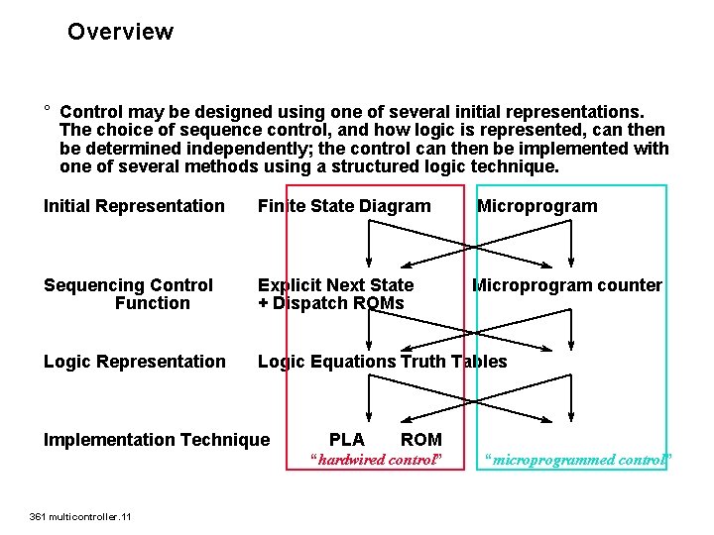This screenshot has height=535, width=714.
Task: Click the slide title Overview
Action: (x=120, y=32)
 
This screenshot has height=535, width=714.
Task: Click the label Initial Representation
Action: (x=134, y=206)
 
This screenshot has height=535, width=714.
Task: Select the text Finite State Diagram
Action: (x=344, y=206)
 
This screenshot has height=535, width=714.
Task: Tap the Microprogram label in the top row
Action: (x=536, y=206)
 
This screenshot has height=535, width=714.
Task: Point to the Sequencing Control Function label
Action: (x=128, y=294)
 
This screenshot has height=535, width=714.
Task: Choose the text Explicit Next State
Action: (x=335, y=285)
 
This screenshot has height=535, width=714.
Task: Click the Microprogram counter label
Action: (x=566, y=285)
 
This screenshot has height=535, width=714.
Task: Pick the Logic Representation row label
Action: (x=134, y=362)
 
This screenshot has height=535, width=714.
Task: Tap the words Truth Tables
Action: (x=453, y=362)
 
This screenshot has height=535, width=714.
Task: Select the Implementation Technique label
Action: (x=156, y=439)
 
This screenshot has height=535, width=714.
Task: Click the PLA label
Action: (x=346, y=439)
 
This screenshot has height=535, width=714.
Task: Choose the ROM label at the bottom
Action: (x=420, y=439)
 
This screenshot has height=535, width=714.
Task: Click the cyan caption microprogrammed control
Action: (x=577, y=460)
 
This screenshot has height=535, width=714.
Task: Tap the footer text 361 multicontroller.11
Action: (x=81, y=516)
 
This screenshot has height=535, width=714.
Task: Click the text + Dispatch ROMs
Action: (x=330, y=303)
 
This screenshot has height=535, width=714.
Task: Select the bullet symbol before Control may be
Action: (x=47, y=111)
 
